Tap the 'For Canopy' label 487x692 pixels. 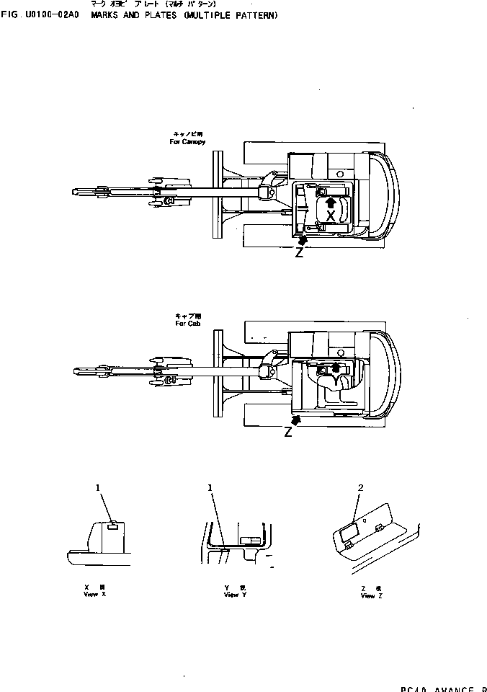pyautogui.click(x=187, y=142)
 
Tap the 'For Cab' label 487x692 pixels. pyautogui.click(x=184, y=324)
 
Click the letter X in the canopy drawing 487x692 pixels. pyautogui.click(x=330, y=216)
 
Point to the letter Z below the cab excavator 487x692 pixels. pyautogui.click(x=288, y=432)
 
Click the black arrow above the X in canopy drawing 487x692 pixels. pyautogui.click(x=330, y=203)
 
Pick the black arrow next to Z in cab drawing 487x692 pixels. pyautogui.click(x=294, y=419)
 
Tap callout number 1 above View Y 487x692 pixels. pyautogui.click(x=210, y=488)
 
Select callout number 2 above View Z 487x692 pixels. pyautogui.click(x=360, y=488)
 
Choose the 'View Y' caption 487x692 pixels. pyautogui.click(x=231, y=595)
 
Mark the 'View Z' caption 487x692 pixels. pyautogui.click(x=367, y=596)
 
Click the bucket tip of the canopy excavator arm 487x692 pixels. pyautogui.click(x=78, y=191)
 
